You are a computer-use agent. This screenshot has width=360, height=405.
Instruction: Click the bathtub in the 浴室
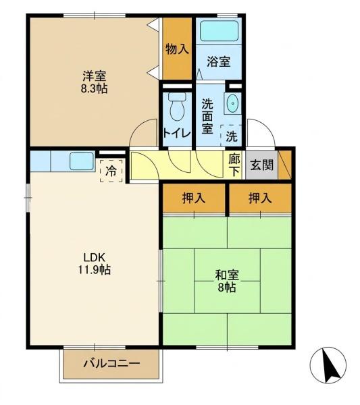(219, 31)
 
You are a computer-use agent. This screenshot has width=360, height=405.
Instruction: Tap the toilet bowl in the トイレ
(177, 107)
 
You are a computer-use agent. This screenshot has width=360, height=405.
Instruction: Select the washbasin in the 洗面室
(233, 103)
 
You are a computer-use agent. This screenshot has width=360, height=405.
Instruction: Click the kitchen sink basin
(82, 161)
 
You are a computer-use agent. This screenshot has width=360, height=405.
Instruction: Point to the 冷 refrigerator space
(111, 171)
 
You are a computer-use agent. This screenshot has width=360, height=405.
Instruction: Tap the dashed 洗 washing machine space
(231, 136)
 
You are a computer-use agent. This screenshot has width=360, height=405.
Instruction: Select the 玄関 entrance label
(262, 165)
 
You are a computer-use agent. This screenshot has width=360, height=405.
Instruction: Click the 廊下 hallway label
(234, 165)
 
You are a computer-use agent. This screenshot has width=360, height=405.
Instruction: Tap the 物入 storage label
(177, 49)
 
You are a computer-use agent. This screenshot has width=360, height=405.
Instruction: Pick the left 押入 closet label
(194, 198)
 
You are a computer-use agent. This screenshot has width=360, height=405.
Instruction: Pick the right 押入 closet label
(260, 198)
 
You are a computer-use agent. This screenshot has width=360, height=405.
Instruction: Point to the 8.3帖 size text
(94, 88)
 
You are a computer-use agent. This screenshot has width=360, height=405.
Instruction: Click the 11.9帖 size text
(94, 270)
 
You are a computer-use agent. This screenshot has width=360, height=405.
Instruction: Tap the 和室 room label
(227, 275)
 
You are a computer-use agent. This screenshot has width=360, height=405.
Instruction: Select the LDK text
(94, 257)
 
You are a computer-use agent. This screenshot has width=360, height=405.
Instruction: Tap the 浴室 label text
(219, 61)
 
